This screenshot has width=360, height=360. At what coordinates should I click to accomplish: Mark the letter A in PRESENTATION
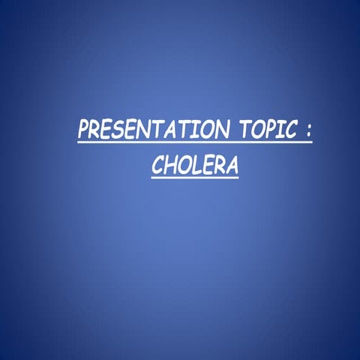click(178, 130)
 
